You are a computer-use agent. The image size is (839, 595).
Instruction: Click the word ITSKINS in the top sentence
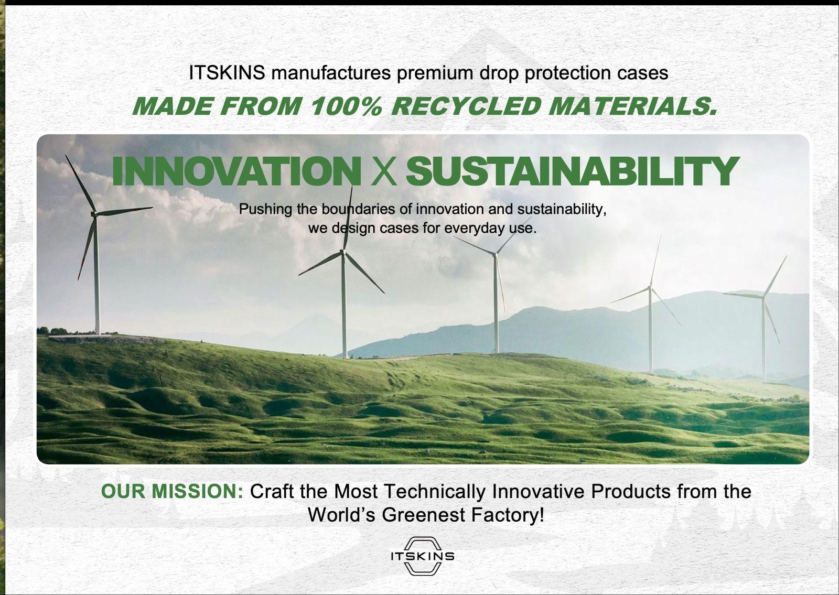point(227,72)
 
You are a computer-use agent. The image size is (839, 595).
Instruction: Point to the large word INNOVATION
point(236,171)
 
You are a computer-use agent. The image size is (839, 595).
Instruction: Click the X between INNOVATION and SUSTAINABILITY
point(383,172)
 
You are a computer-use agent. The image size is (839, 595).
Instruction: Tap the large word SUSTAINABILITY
point(572,171)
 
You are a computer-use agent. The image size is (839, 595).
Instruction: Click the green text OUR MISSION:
point(172,491)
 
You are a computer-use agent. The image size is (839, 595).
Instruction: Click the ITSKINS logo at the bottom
point(422,556)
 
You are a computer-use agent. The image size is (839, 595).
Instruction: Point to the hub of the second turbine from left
point(343,252)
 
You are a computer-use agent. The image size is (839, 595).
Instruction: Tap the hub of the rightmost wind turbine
point(762,297)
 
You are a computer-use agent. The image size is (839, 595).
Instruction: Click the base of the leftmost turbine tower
point(98,332)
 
